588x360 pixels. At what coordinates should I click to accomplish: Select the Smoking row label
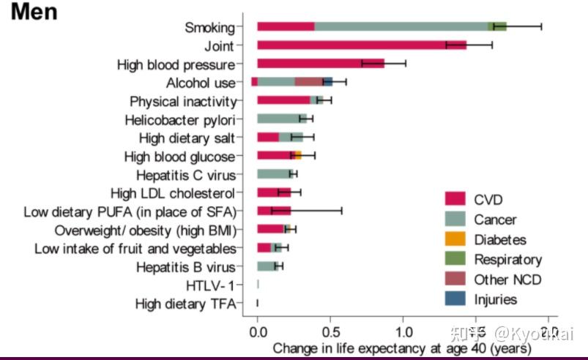[x=209, y=28]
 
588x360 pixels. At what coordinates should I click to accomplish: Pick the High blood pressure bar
[x=320, y=64]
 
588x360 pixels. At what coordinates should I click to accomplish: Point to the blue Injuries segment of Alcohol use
[x=328, y=83]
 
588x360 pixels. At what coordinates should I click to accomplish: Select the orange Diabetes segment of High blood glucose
[x=298, y=156]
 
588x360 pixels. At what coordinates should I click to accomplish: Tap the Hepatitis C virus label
[x=185, y=175]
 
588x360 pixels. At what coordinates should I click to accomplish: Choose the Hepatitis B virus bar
[x=268, y=266]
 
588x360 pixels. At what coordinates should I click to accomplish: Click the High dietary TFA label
[x=185, y=304]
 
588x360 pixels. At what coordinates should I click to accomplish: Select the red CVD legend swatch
[x=455, y=199]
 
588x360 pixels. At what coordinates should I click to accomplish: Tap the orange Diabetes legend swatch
[x=455, y=239]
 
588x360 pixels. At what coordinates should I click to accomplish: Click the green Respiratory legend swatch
[x=455, y=259]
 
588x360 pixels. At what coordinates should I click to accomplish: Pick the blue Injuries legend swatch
[x=455, y=299]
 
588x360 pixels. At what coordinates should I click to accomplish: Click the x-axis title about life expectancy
[x=401, y=348]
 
